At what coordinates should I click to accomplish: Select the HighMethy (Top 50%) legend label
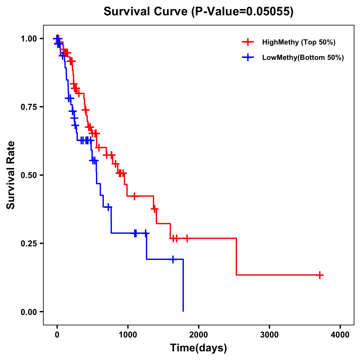[298, 42]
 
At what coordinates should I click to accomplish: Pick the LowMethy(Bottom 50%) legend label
[303, 57]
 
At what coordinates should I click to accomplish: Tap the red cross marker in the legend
[248, 42]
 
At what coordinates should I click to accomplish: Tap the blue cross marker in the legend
[248, 57]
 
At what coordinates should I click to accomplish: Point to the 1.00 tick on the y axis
[29, 39]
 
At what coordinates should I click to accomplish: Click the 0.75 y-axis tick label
[29, 107]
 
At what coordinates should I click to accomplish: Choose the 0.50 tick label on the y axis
[29, 175]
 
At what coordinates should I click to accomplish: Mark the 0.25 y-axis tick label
[29, 244]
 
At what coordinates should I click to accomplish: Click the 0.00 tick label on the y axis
[29, 312]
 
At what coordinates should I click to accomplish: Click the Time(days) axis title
[199, 348]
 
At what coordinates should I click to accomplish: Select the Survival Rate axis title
[11, 175]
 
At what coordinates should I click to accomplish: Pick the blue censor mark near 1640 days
[173, 259]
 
